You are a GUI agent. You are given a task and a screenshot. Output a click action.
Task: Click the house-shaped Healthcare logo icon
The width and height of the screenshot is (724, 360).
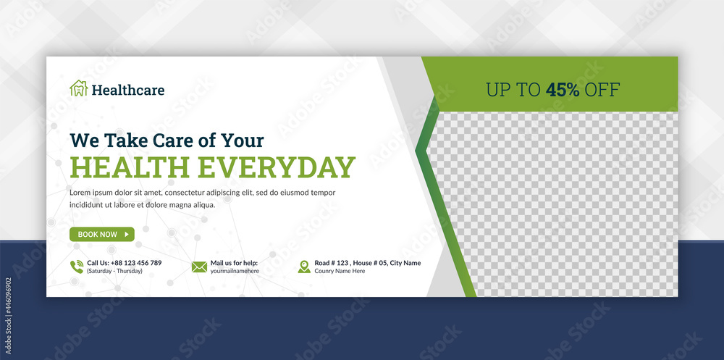pos(78,89)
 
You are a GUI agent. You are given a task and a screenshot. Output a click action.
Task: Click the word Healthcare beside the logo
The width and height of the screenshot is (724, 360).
pos(128,91)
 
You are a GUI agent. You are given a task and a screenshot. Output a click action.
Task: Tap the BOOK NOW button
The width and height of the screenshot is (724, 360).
pos(101,234)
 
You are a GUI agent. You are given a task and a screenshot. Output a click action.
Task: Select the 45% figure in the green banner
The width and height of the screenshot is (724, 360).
pos(563,90)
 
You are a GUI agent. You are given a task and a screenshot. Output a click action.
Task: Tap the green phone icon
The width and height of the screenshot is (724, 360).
pos(77,267)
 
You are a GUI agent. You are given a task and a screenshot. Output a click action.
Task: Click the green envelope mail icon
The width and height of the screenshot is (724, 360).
pos(199,267)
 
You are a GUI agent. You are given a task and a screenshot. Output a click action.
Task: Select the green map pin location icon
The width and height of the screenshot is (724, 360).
pos(304,267)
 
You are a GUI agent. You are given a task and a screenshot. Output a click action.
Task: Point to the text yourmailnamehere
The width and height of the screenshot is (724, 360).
pos(235,271)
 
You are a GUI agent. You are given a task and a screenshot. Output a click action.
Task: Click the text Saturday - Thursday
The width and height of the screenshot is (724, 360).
pos(114,271)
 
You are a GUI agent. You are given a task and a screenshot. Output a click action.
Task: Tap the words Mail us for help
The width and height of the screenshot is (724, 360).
pos(234,263)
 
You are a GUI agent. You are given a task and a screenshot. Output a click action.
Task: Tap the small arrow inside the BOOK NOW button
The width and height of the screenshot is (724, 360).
pos(127,234)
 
